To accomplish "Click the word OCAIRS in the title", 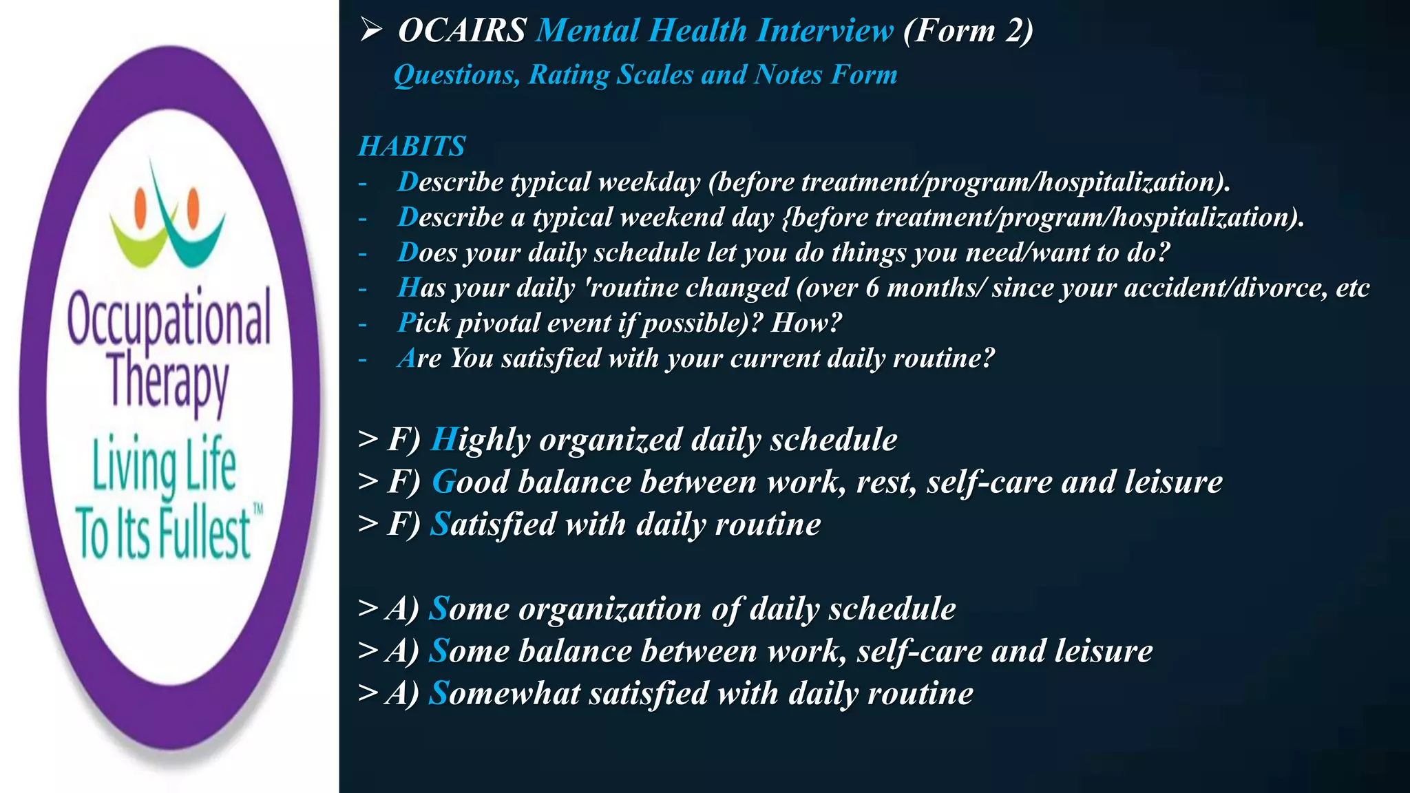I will [x=462, y=31].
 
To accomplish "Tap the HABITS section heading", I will [x=412, y=147].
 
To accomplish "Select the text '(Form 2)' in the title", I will [x=968, y=31].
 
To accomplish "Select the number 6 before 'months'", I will [x=872, y=288].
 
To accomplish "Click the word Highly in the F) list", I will [x=480, y=440].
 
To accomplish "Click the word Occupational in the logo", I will [x=169, y=319].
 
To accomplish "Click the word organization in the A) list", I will [x=610, y=609].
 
